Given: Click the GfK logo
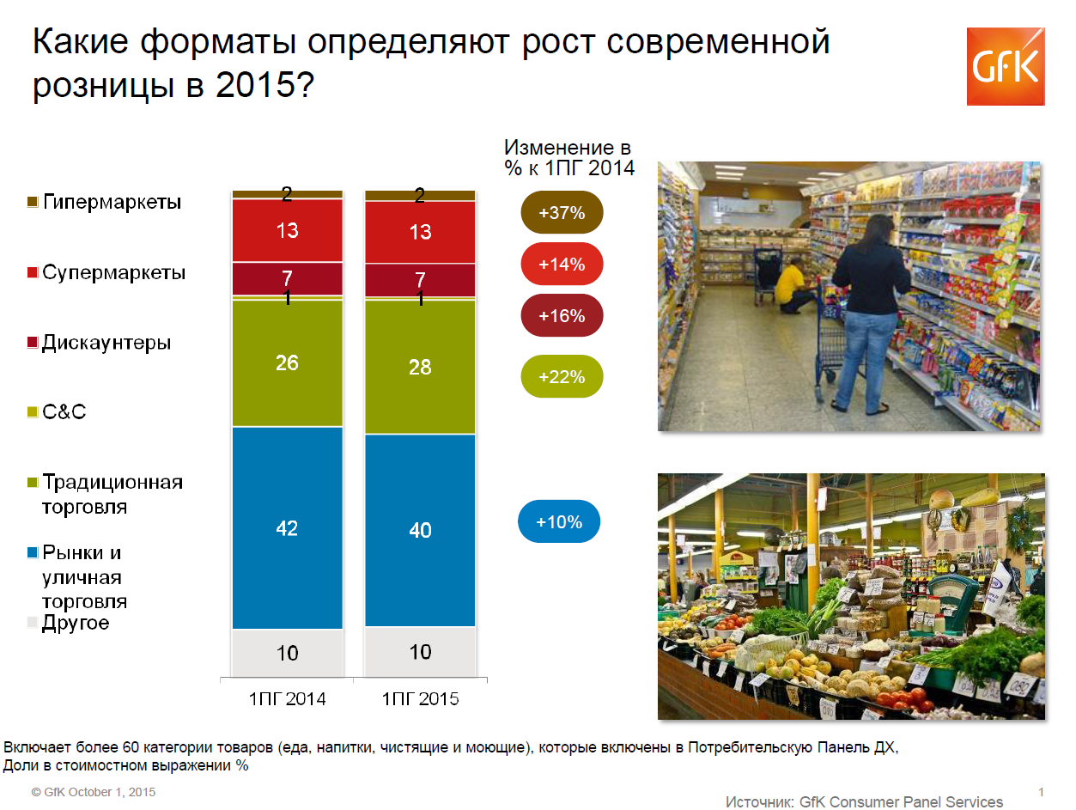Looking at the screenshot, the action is coord(1005,67).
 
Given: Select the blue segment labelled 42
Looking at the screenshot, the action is coord(288,528).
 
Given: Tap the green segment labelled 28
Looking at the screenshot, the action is coord(420,367).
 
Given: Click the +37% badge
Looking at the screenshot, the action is coord(562,212).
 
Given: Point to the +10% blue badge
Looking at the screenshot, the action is coord(559,521).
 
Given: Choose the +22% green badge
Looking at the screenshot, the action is coord(562,376).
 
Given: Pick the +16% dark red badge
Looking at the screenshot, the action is coord(562,315).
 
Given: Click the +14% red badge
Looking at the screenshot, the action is coord(562,264).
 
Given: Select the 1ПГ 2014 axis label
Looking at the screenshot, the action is coord(288,698).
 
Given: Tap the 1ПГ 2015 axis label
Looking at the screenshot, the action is coord(420,698).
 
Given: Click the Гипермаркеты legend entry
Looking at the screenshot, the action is coord(105,202).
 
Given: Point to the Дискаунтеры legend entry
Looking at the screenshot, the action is coord(99,342).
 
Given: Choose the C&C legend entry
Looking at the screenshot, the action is coord(57,411).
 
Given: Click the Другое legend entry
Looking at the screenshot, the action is coord(68,623).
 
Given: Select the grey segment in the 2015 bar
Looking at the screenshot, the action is coord(420,652).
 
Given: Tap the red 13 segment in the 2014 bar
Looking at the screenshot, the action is coord(288,230).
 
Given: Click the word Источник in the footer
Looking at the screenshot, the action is coord(759,801).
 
